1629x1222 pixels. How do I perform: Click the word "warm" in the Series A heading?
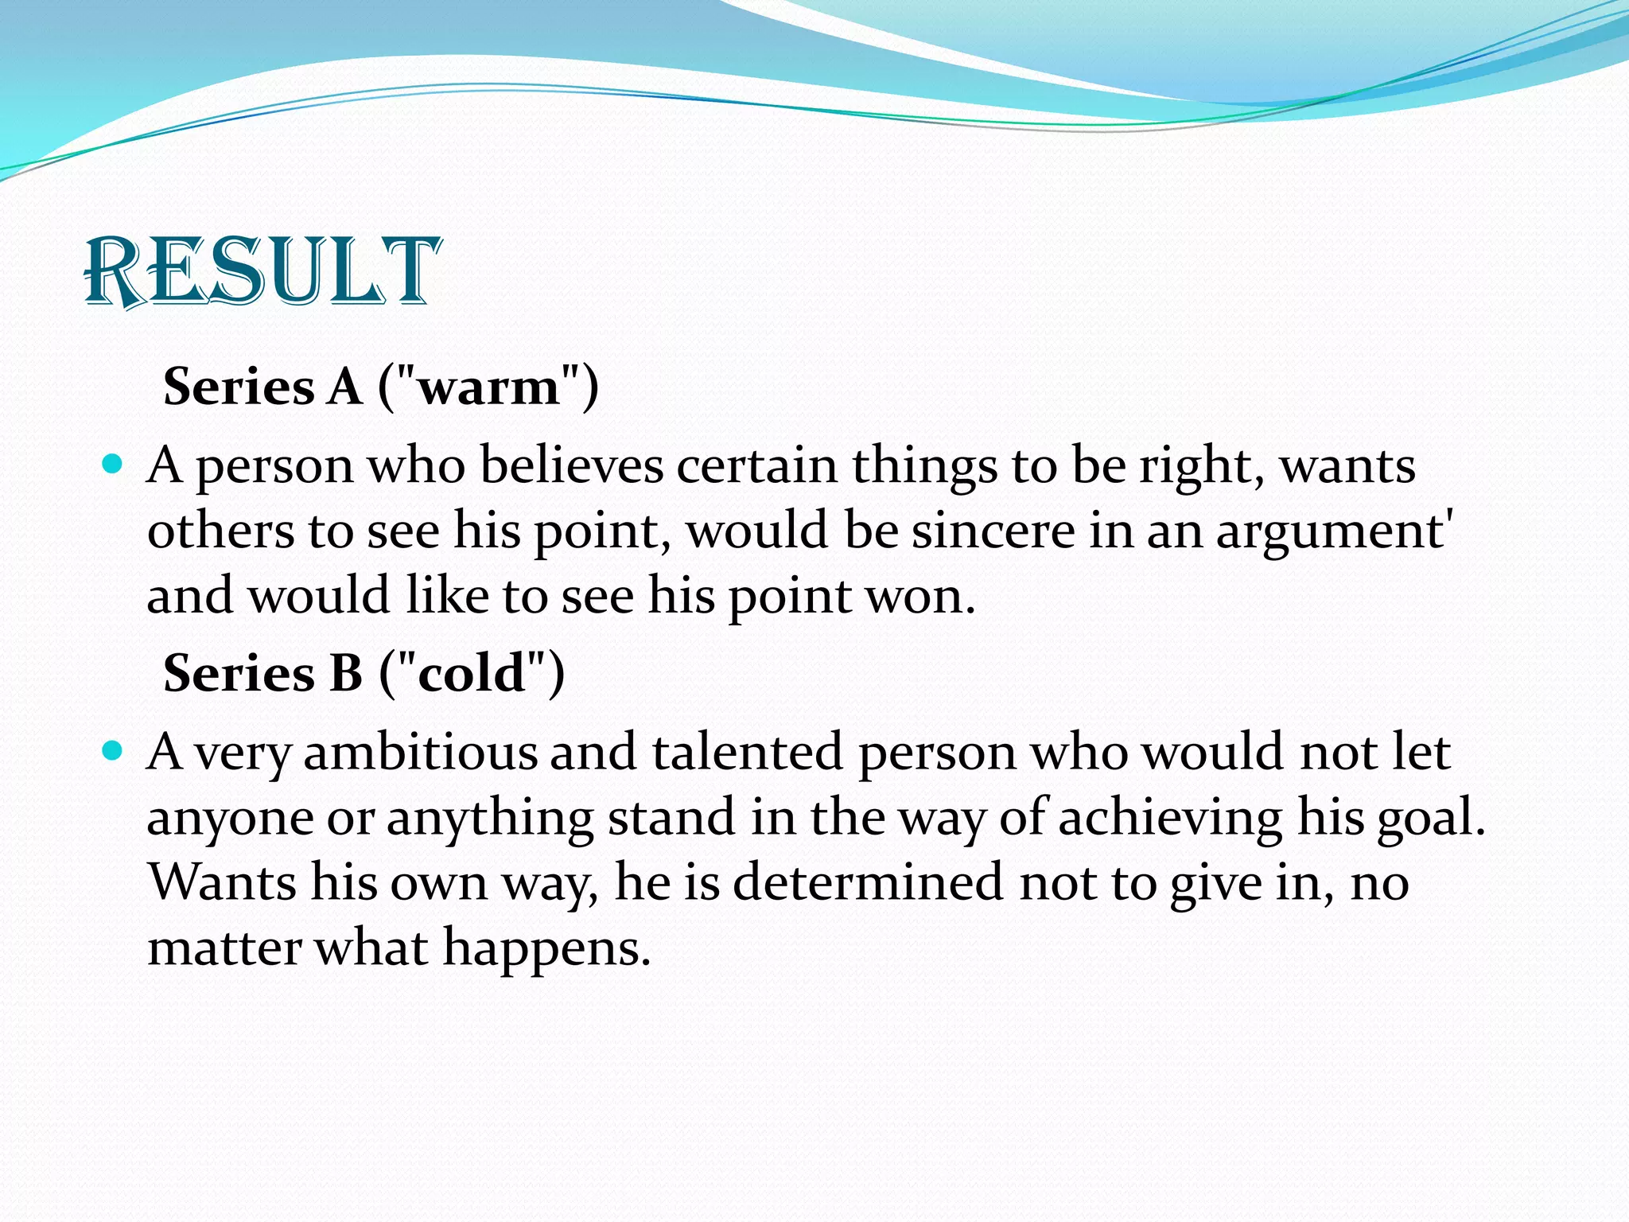[488, 387]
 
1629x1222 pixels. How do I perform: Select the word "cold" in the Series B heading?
[472, 674]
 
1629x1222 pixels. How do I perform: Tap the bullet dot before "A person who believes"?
[113, 464]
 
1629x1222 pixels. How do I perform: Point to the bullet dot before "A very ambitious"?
[113, 750]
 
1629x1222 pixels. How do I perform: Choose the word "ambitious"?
[421, 752]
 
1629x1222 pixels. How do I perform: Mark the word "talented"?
[748, 752]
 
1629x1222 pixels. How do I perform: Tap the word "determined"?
[868, 882]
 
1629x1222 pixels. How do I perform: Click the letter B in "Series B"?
[345, 674]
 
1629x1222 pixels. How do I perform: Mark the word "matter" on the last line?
[224, 948]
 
